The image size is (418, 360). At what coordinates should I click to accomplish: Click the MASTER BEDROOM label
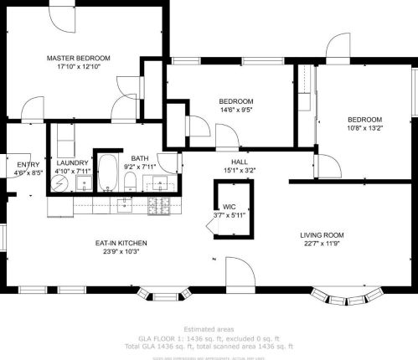click(x=78, y=58)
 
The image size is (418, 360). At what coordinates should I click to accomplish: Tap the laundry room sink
click(x=83, y=183)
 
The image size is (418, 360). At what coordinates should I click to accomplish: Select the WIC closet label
click(x=229, y=207)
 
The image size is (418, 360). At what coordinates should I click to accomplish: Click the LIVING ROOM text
click(x=323, y=234)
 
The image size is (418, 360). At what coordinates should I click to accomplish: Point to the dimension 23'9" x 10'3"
click(x=121, y=251)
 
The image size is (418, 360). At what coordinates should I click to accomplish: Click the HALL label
click(x=240, y=161)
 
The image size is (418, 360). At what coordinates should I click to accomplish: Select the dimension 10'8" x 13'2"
click(x=364, y=128)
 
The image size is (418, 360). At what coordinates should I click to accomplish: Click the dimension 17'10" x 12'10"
click(x=78, y=67)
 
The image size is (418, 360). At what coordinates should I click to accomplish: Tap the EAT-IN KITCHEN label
click(x=121, y=243)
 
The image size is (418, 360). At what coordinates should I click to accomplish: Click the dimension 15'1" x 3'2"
click(x=240, y=170)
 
